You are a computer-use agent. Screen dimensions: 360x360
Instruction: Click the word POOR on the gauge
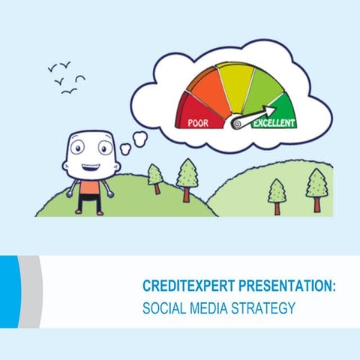197,121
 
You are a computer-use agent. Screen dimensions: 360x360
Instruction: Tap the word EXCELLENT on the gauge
274,122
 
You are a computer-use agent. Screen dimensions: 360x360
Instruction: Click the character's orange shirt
89,185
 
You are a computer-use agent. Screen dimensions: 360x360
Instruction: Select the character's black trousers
89,201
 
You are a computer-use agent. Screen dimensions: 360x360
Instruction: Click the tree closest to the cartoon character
155,177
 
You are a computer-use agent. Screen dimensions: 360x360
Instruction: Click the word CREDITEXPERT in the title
190,287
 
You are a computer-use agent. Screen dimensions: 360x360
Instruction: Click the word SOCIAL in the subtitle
162,307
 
